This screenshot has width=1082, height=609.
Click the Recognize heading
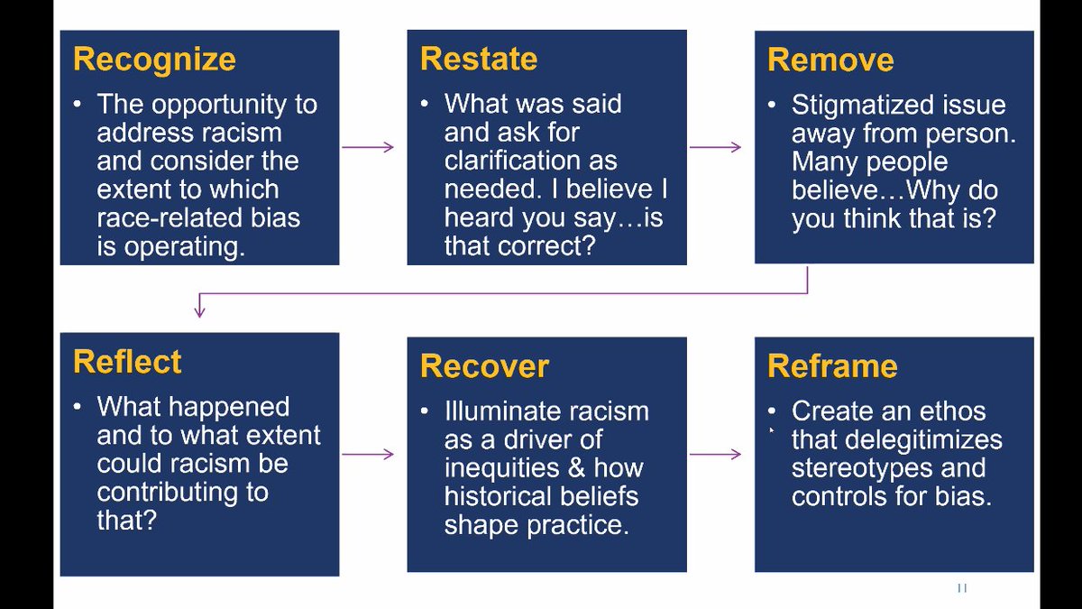154,60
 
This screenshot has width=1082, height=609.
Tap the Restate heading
478,59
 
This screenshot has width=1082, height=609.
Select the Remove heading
830,60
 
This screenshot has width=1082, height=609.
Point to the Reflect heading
127,362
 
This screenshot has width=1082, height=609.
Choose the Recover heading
484,366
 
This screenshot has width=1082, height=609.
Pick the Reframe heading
832,366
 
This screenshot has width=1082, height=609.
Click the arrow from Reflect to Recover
368,454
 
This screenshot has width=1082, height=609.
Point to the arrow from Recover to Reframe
715,454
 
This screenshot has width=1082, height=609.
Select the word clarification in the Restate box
530,161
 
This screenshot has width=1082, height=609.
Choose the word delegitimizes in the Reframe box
896,440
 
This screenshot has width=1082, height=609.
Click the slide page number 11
961,587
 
